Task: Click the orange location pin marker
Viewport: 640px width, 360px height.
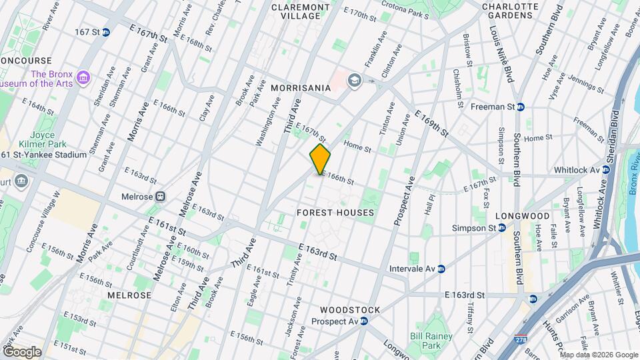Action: coord(321,159)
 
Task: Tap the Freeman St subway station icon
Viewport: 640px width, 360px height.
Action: coord(521,106)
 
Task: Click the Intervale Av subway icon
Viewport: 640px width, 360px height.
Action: coord(441,269)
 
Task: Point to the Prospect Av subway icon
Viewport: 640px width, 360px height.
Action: coord(364,321)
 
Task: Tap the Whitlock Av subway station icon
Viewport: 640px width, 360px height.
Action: coord(606,170)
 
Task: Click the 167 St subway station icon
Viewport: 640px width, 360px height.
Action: coord(105,32)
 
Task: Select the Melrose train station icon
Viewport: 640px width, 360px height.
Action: coord(160,197)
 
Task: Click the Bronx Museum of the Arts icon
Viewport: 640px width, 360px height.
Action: coord(83,79)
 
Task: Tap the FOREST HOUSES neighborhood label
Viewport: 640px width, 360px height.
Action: coord(335,213)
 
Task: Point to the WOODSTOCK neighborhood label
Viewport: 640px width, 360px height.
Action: coord(350,310)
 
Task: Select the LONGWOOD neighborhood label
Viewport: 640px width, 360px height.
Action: coord(523,216)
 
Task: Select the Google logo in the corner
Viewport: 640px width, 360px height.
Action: coord(21,351)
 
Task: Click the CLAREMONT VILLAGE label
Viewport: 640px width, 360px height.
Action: coord(301,11)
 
